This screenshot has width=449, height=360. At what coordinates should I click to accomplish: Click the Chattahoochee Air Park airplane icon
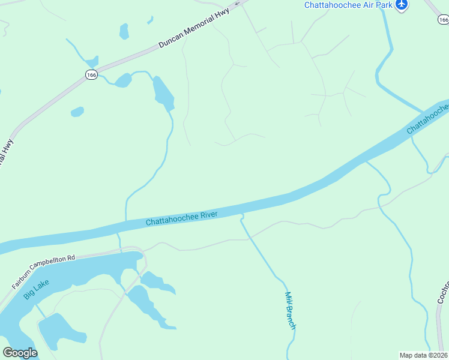coord(402,5)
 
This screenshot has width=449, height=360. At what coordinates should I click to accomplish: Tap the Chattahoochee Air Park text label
coord(348,5)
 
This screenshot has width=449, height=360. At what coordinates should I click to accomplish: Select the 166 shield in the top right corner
coord(443,20)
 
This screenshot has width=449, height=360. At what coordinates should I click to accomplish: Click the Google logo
coord(20,353)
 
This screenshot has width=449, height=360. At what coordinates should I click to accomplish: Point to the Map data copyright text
coord(424,355)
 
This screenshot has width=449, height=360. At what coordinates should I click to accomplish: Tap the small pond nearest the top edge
coord(124,31)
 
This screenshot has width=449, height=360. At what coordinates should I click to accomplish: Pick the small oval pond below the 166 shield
coord(77,112)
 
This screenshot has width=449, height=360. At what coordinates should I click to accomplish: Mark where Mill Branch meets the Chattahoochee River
coord(242,214)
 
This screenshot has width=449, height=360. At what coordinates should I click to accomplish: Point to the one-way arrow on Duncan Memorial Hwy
coord(238,4)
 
